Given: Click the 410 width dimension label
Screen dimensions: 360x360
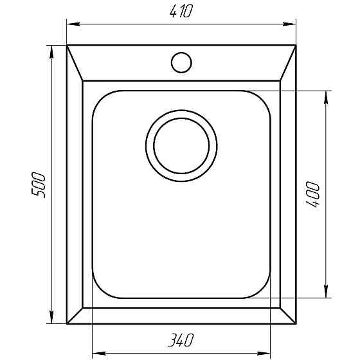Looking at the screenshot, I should tap(181, 12).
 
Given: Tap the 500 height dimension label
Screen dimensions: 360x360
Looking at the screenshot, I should tap(39, 184).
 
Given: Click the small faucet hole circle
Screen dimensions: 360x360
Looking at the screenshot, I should tap(181, 62).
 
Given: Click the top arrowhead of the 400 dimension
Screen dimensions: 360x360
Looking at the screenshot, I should tap(327, 95).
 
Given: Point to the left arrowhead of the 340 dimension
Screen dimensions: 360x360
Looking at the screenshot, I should tap(97, 352).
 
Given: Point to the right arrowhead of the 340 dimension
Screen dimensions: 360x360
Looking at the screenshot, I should tap(266, 352).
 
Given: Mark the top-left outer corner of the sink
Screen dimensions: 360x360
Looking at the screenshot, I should tap(67, 46).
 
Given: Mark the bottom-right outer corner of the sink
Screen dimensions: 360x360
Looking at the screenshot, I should tap(296, 324).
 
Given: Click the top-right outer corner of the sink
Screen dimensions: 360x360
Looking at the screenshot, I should tap(296, 46).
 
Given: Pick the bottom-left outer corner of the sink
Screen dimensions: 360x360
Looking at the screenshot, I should tap(67, 324).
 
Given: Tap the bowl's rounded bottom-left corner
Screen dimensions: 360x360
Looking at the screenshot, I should tap(101, 290).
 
